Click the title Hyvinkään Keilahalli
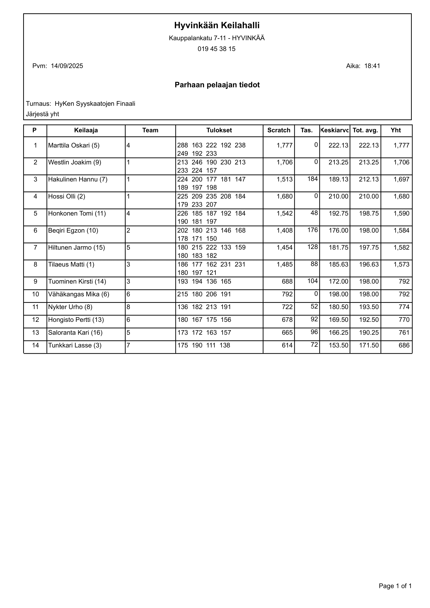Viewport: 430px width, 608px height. click(x=217, y=25)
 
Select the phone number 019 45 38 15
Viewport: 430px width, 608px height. click(x=216, y=49)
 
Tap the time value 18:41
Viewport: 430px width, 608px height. click(x=372, y=66)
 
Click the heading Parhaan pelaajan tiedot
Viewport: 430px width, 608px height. click(x=217, y=85)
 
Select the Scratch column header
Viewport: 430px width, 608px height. click(x=279, y=130)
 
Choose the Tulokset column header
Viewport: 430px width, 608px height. click(x=219, y=130)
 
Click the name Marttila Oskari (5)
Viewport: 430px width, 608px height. click(x=74, y=145)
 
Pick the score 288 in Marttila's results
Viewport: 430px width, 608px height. click(x=182, y=145)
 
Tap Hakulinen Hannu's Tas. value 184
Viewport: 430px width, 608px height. click(x=312, y=179)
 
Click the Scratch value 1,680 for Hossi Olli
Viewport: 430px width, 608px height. click(x=285, y=196)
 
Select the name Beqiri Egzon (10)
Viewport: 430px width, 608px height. click(x=73, y=231)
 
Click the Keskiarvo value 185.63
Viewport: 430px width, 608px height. click(x=338, y=265)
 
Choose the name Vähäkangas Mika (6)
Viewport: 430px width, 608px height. click(x=79, y=295)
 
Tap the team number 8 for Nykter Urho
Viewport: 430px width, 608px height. click(x=129, y=307)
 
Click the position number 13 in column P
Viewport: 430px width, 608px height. click(x=35, y=332)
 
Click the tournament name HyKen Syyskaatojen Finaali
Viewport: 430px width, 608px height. click(x=95, y=104)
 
